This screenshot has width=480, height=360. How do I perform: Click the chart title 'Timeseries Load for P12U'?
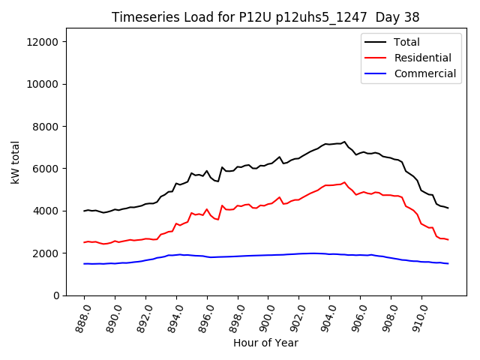pos(265,16)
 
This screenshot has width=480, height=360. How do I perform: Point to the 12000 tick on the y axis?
pos(44,42)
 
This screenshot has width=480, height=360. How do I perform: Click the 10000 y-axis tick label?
pos(44,84)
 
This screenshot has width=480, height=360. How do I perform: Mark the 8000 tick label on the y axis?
pos(47,127)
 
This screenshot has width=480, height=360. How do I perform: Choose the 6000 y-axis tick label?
pos(47,169)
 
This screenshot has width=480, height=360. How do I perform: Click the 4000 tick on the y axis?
pos(47,211)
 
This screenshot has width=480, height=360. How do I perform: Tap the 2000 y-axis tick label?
pos(47,253)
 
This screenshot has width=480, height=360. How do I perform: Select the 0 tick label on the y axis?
pos(57,295)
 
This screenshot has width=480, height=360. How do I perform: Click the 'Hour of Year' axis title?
pos(265,343)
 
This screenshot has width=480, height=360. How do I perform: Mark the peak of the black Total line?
pos(344,141)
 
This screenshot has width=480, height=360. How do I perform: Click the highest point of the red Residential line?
pos(344,181)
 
